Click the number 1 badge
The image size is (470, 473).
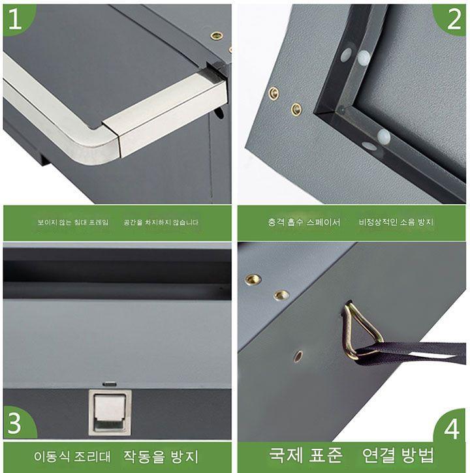coord(16,19)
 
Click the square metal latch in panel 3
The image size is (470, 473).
coord(110,412)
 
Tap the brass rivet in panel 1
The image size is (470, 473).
coord(217,36)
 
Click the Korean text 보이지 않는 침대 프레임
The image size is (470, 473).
coord(72,222)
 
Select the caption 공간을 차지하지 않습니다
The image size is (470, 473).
coord(161,222)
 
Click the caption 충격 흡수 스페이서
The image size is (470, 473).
coord(304,222)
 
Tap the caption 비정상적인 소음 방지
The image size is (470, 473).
coord(396,222)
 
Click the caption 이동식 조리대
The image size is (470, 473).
coord(72,457)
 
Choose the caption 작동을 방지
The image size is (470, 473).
coord(161,457)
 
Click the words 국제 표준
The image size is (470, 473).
coord(305,455)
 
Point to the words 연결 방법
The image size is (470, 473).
coord(398,455)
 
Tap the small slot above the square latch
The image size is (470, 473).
coord(110,385)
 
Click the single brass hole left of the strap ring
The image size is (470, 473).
coord(298,356)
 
